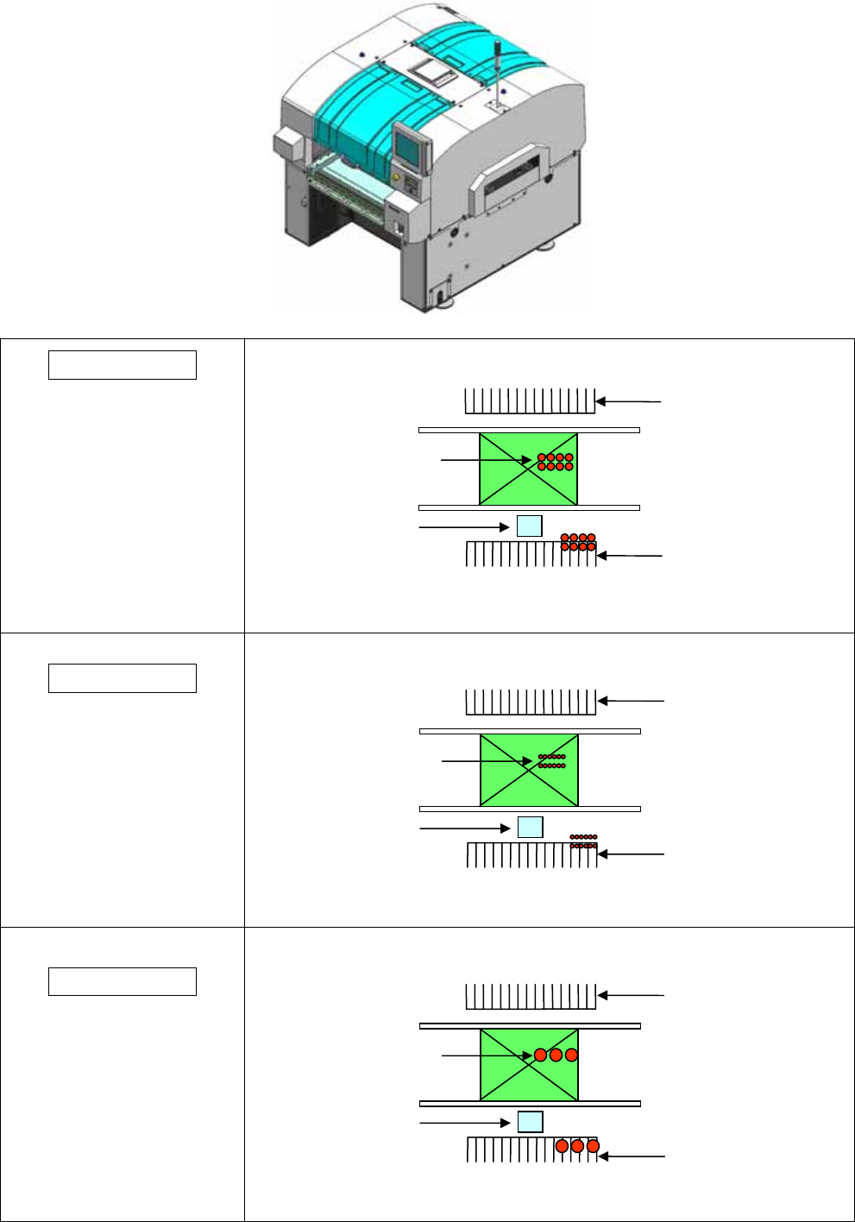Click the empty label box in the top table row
tap(123, 365)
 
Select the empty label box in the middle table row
tap(123, 678)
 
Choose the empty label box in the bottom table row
tap(123, 982)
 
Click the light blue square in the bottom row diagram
tap(530, 1122)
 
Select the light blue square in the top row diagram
tap(529, 526)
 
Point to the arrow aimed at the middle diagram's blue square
tap(464, 828)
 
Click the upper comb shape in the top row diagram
tap(530, 401)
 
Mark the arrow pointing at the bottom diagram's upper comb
tap(631, 995)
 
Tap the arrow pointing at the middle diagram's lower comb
tap(632, 854)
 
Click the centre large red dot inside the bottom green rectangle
tap(556, 1055)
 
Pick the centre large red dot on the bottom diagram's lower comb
tap(577, 1146)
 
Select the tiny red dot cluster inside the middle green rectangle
tap(552, 761)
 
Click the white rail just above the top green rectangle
tap(529, 430)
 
